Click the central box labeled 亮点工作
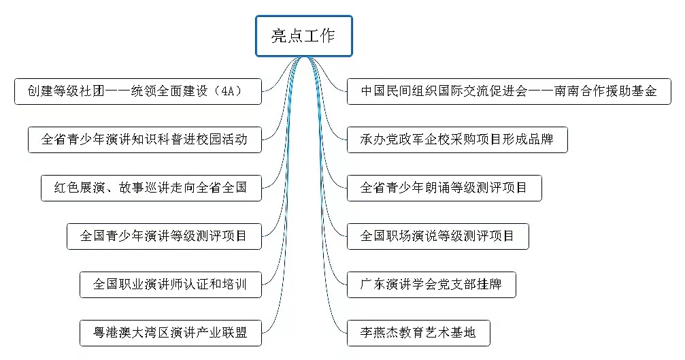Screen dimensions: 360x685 click(303, 36)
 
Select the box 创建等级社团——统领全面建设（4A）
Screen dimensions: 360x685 click(137, 91)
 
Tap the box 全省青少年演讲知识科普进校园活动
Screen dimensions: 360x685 click(144, 140)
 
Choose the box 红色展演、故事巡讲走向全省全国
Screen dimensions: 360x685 click(151, 188)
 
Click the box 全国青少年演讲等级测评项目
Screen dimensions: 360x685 click(164, 236)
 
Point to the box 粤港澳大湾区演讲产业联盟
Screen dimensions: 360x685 click(170, 333)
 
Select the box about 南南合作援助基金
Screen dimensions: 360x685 click(509, 91)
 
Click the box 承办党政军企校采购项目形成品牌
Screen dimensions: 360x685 click(456, 140)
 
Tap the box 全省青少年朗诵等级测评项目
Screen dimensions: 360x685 click(444, 188)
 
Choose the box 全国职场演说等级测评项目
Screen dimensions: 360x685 click(437, 236)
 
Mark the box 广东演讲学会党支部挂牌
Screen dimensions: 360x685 click(431, 284)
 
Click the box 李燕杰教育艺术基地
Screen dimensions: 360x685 click(418, 333)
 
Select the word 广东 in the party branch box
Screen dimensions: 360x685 click(373, 284)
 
